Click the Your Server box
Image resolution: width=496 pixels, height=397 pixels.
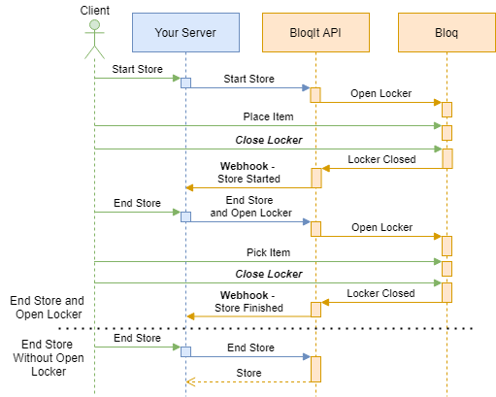click(x=185, y=32)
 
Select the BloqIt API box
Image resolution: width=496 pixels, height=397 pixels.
click(x=315, y=32)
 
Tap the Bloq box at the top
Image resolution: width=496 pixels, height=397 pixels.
click(x=446, y=32)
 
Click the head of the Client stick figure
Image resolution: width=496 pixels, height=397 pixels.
click(x=94, y=24)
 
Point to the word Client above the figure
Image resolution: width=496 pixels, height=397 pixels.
click(x=95, y=11)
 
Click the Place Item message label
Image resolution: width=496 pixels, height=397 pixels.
click(x=268, y=116)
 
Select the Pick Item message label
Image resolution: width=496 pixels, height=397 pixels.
click(x=268, y=252)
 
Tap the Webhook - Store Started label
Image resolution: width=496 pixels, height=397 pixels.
click(x=248, y=173)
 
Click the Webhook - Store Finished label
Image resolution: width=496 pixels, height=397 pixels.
click(x=248, y=302)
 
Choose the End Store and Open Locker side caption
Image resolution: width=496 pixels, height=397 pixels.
click(x=48, y=308)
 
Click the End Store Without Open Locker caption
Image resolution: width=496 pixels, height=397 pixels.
click(x=49, y=358)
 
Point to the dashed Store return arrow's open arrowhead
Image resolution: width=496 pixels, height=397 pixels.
click(x=190, y=382)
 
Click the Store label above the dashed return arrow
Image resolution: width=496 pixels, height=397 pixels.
click(x=248, y=373)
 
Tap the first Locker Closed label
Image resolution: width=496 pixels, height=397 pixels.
click(x=381, y=159)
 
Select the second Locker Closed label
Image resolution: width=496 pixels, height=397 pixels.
click(x=380, y=293)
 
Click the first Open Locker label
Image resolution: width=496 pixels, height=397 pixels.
click(x=381, y=93)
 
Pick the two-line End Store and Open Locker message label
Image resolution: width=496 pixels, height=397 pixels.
click(x=250, y=207)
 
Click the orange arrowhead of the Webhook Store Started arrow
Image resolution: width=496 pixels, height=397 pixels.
click(x=189, y=187)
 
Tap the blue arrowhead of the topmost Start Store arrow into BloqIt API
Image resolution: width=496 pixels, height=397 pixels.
click(x=306, y=87)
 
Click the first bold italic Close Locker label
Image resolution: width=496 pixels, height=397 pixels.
click(x=269, y=140)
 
